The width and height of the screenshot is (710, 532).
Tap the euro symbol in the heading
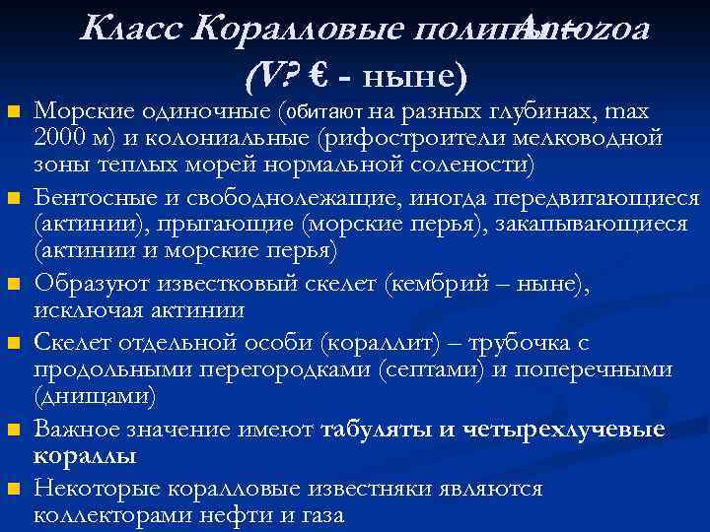318,72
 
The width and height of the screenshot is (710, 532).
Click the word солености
461,165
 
